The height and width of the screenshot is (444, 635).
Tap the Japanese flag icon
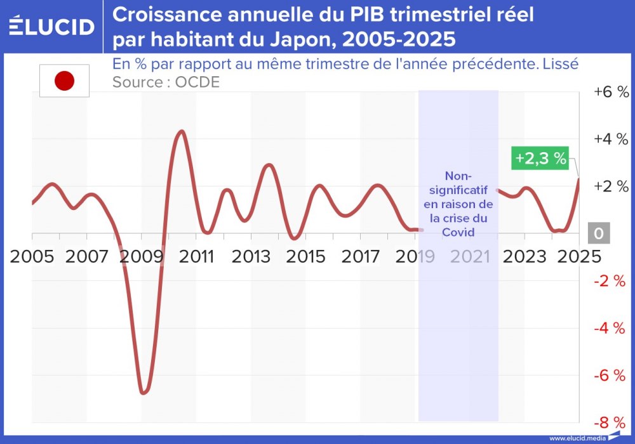tap(64, 81)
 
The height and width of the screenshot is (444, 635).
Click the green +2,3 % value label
tap(540, 159)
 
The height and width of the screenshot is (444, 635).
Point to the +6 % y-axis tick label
tap(611, 92)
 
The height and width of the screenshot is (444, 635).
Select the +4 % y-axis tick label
tap(611, 139)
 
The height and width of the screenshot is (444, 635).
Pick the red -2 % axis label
tap(611, 281)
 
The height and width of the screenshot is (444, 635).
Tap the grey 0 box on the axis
tap(598, 233)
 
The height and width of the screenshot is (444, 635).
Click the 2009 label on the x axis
tap(142, 257)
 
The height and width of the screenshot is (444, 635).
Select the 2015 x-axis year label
tap(307, 257)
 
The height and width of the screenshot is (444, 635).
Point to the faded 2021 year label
tap(471, 257)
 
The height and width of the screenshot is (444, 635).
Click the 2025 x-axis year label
tap(579, 257)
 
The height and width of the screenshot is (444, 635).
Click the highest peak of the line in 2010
tap(182, 131)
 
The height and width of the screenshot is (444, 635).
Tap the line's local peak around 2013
tap(269, 165)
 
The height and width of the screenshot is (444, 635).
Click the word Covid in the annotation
tap(458, 232)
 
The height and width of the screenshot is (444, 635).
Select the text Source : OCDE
tap(166, 82)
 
